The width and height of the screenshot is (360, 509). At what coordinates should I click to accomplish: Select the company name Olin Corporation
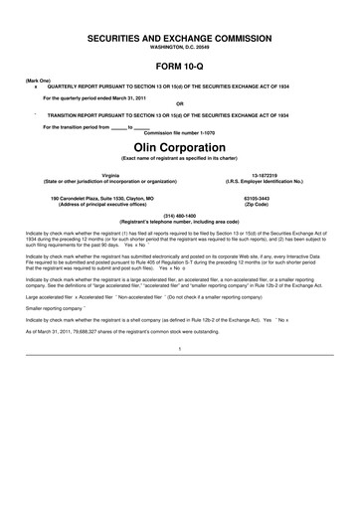179,147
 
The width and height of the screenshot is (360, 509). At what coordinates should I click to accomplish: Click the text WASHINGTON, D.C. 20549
179,47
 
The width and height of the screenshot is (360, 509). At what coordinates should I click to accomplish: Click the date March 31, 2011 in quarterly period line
127,96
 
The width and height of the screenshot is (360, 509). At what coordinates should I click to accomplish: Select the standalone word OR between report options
179,103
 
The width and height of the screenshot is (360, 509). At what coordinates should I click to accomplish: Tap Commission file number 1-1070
179,133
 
